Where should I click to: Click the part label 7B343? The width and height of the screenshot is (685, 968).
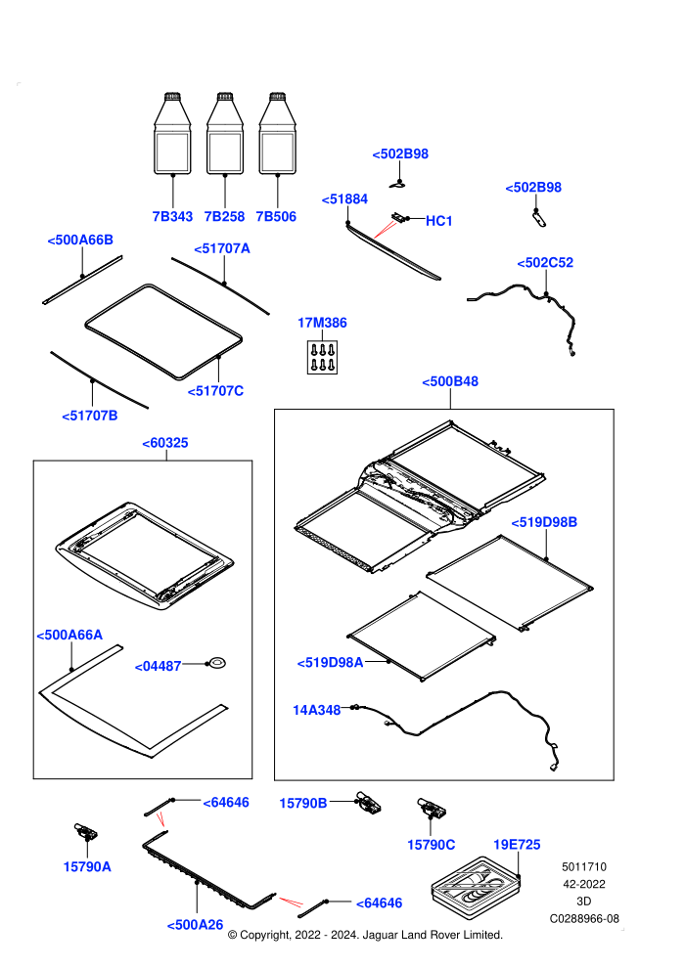(172, 217)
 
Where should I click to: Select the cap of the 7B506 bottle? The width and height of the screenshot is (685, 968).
(277, 97)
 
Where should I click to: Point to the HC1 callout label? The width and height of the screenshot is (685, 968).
(439, 221)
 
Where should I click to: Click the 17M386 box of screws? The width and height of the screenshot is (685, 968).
(322, 357)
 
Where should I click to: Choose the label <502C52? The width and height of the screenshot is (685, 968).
(545, 262)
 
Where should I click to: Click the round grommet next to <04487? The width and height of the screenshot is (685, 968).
(216, 663)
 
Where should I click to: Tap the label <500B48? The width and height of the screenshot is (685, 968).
(450, 381)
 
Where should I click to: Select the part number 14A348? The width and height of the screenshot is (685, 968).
(316, 710)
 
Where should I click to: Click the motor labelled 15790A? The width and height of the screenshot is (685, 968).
(85, 831)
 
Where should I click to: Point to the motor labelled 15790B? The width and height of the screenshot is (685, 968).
(369, 802)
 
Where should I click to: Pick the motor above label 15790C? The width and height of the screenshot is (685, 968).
(432, 808)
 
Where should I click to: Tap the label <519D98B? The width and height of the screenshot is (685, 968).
(544, 522)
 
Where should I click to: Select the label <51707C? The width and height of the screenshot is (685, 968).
(215, 391)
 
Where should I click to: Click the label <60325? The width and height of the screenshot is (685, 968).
(165, 443)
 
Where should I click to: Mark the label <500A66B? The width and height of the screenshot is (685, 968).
(80, 241)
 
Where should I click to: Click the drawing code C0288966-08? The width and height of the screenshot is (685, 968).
(584, 918)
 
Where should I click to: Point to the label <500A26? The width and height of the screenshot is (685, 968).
(195, 925)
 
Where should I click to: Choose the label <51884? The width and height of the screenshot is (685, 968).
(344, 199)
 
